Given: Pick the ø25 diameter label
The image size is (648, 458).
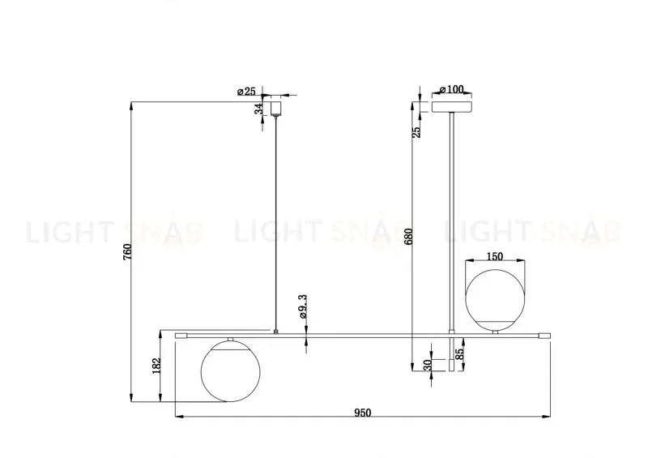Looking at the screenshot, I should click(x=246, y=92).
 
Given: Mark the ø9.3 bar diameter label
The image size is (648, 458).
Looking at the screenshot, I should click(x=301, y=309).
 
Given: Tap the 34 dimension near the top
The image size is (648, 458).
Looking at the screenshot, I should click(x=259, y=109).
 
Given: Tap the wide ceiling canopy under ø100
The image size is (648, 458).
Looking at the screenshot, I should click(x=452, y=105).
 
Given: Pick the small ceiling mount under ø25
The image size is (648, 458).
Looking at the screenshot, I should click(x=277, y=107).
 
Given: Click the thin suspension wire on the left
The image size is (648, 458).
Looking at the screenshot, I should click(x=277, y=219).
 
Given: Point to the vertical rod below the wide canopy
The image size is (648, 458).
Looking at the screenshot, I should click(x=452, y=219).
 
